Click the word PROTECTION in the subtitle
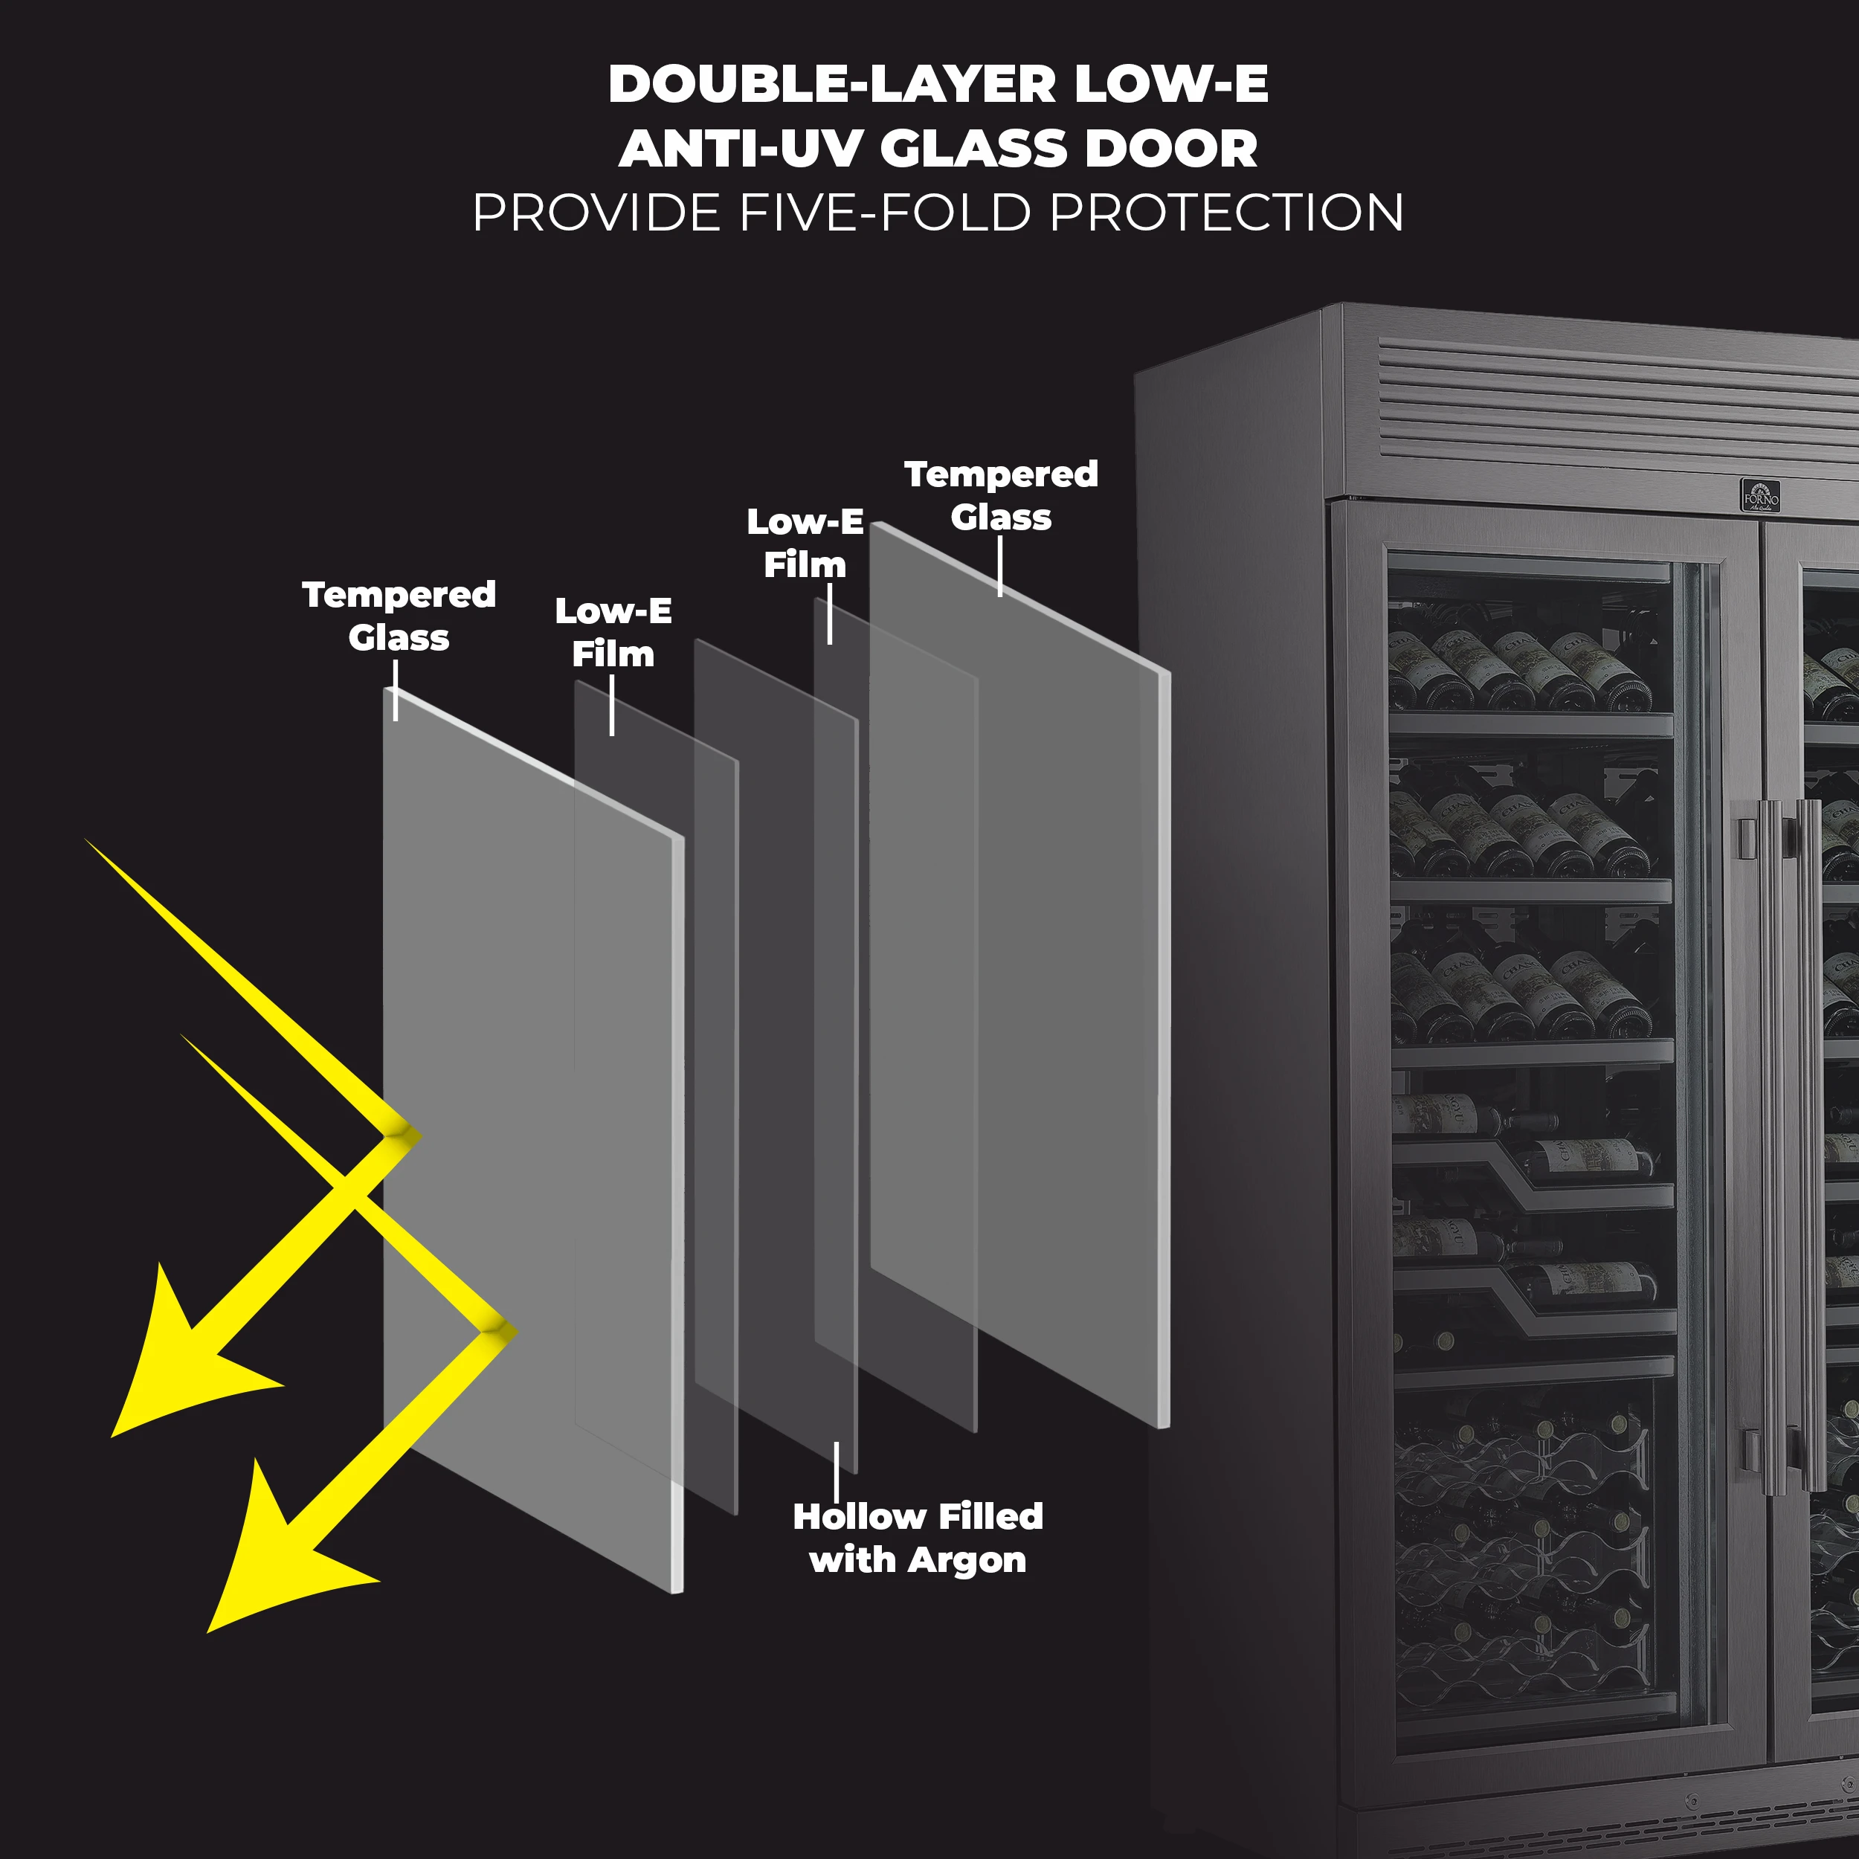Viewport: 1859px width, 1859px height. click(1227, 213)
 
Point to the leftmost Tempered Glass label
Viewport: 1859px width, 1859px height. click(399, 616)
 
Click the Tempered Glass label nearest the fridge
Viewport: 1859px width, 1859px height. click(1001, 495)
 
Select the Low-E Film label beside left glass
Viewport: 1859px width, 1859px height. click(613, 632)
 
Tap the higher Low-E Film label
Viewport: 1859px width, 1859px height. click(805, 544)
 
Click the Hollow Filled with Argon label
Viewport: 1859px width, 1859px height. click(917, 1538)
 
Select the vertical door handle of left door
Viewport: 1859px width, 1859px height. click(1771, 1145)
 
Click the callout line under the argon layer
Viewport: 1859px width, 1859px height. click(836, 1472)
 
